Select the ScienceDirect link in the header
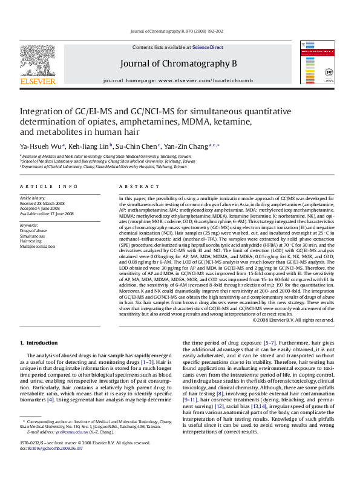click(208, 47)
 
